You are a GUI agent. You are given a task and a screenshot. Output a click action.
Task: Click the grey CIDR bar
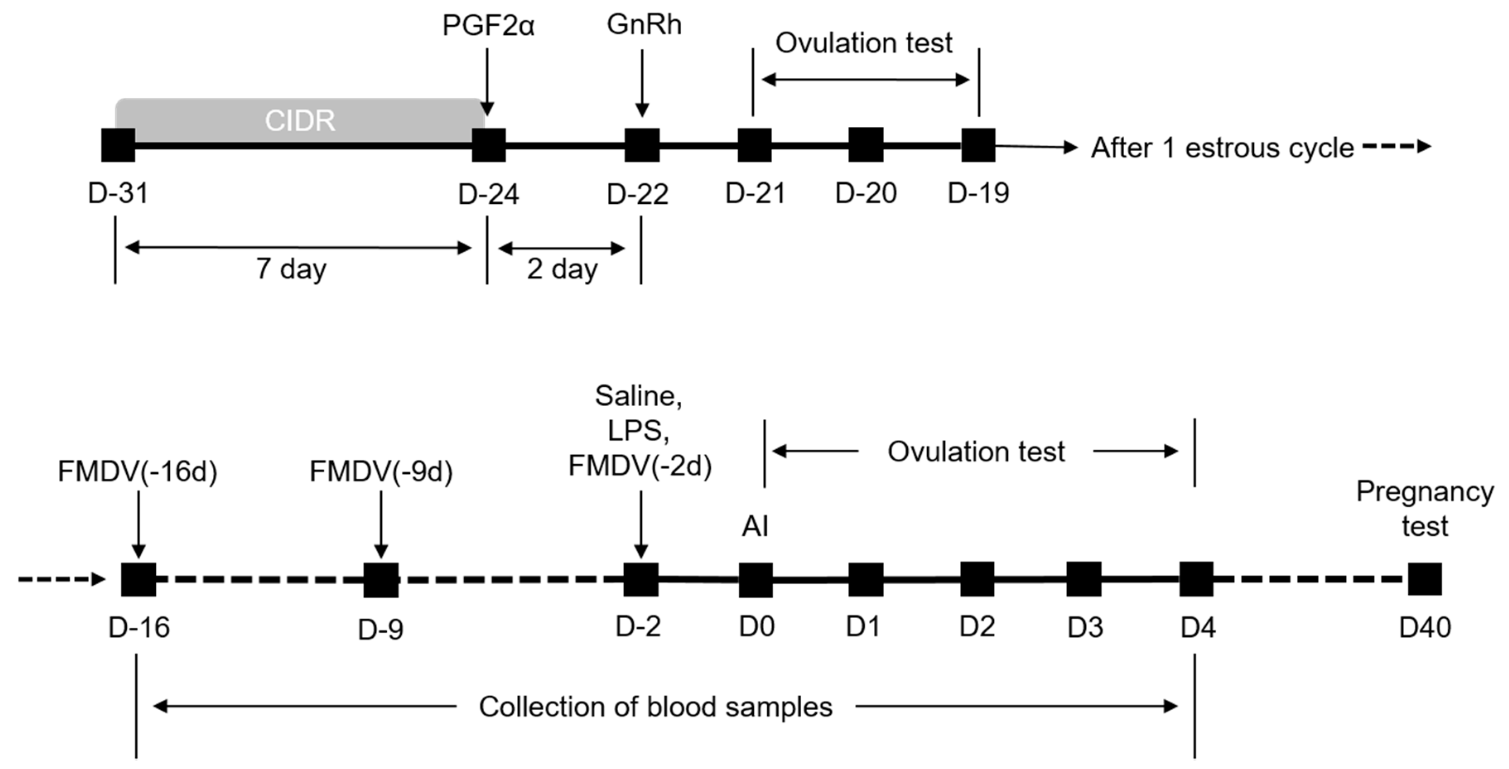tap(300, 120)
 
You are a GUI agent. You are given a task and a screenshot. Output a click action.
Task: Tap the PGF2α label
tap(488, 26)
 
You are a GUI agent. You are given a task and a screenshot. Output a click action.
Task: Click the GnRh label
tap(644, 25)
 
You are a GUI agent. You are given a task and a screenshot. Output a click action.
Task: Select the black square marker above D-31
tap(118, 145)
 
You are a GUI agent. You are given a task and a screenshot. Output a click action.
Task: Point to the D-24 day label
tap(488, 194)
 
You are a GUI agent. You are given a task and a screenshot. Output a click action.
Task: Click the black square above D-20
tap(866, 145)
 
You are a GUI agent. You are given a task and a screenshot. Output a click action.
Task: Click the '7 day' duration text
tap(291, 269)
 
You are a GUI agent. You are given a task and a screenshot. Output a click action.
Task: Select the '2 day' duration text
tap(562, 269)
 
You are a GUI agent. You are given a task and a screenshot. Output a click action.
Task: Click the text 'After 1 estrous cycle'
tap(1222, 147)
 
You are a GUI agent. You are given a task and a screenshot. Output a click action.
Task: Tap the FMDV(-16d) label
tap(137, 472)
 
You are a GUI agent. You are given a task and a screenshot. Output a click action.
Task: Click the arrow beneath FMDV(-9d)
tap(381, 524)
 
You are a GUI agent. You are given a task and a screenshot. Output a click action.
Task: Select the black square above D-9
tap(381, 580)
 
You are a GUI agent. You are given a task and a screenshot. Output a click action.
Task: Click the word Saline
tap(639, 396)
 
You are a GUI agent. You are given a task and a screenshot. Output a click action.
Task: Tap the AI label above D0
tap(754, 526)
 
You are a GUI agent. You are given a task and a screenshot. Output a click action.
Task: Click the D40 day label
tap(1425, 628)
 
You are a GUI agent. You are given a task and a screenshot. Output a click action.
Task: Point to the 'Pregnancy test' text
tap(1425, 509)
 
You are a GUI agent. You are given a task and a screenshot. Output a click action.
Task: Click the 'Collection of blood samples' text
tap(656, 707)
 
